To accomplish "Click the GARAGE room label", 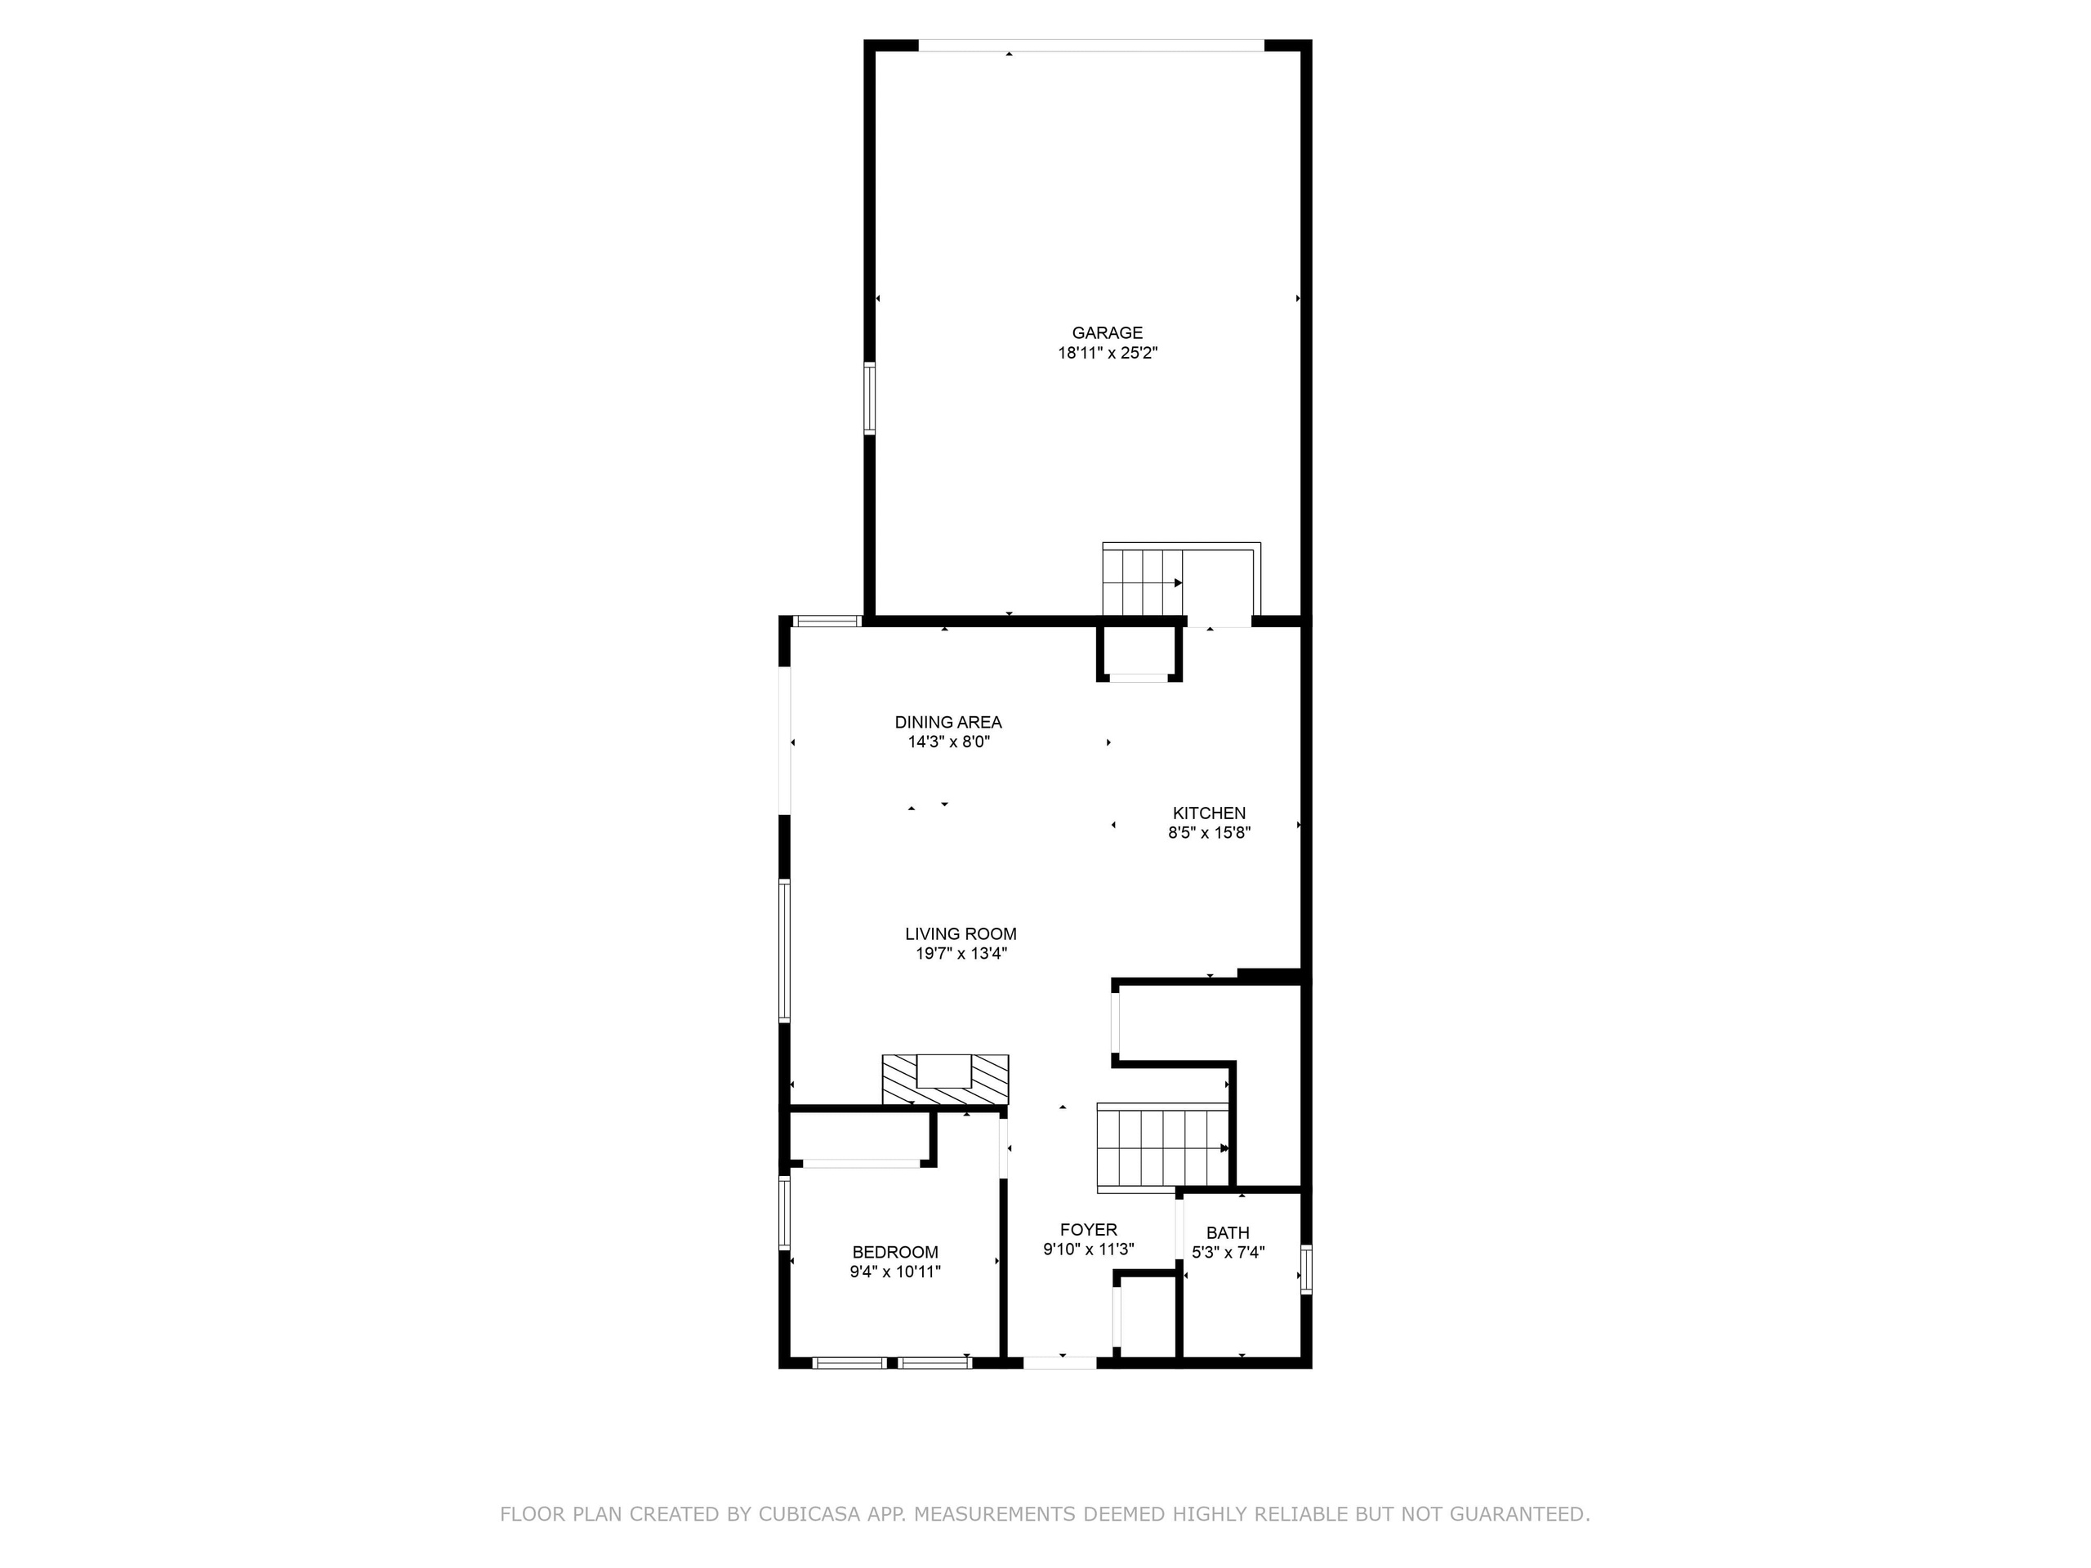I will (x=1107, y=332).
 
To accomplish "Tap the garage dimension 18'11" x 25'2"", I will (x=1107, y=354).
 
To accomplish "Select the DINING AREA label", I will (x=948, y=722).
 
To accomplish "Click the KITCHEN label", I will (x=1209, y=813).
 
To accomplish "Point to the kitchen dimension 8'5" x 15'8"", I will (x=1209, y=833).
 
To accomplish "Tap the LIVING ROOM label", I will (x=961, y=933).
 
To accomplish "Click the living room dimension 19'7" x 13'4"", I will (x=961, y=954).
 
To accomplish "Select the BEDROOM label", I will (x=895, y=1252).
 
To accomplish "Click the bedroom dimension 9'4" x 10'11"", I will (x=895, y=1272).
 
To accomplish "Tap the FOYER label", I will (x=1088, y=1230).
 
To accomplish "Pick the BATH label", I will (x=1227, y=1232).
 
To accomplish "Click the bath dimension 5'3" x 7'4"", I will (x=1227, y=1252).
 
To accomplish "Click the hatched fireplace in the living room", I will (x=945, y=1080).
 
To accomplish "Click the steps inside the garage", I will (x=1142, y=581).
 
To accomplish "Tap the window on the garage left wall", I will (x=869, y=399).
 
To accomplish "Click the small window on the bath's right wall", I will (x=1306, y=1269).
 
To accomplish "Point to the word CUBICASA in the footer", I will (x=809, y=1513).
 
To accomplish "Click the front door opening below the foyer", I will (x=1059, y=1362).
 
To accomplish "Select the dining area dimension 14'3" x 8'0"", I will (x=948, y=742).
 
